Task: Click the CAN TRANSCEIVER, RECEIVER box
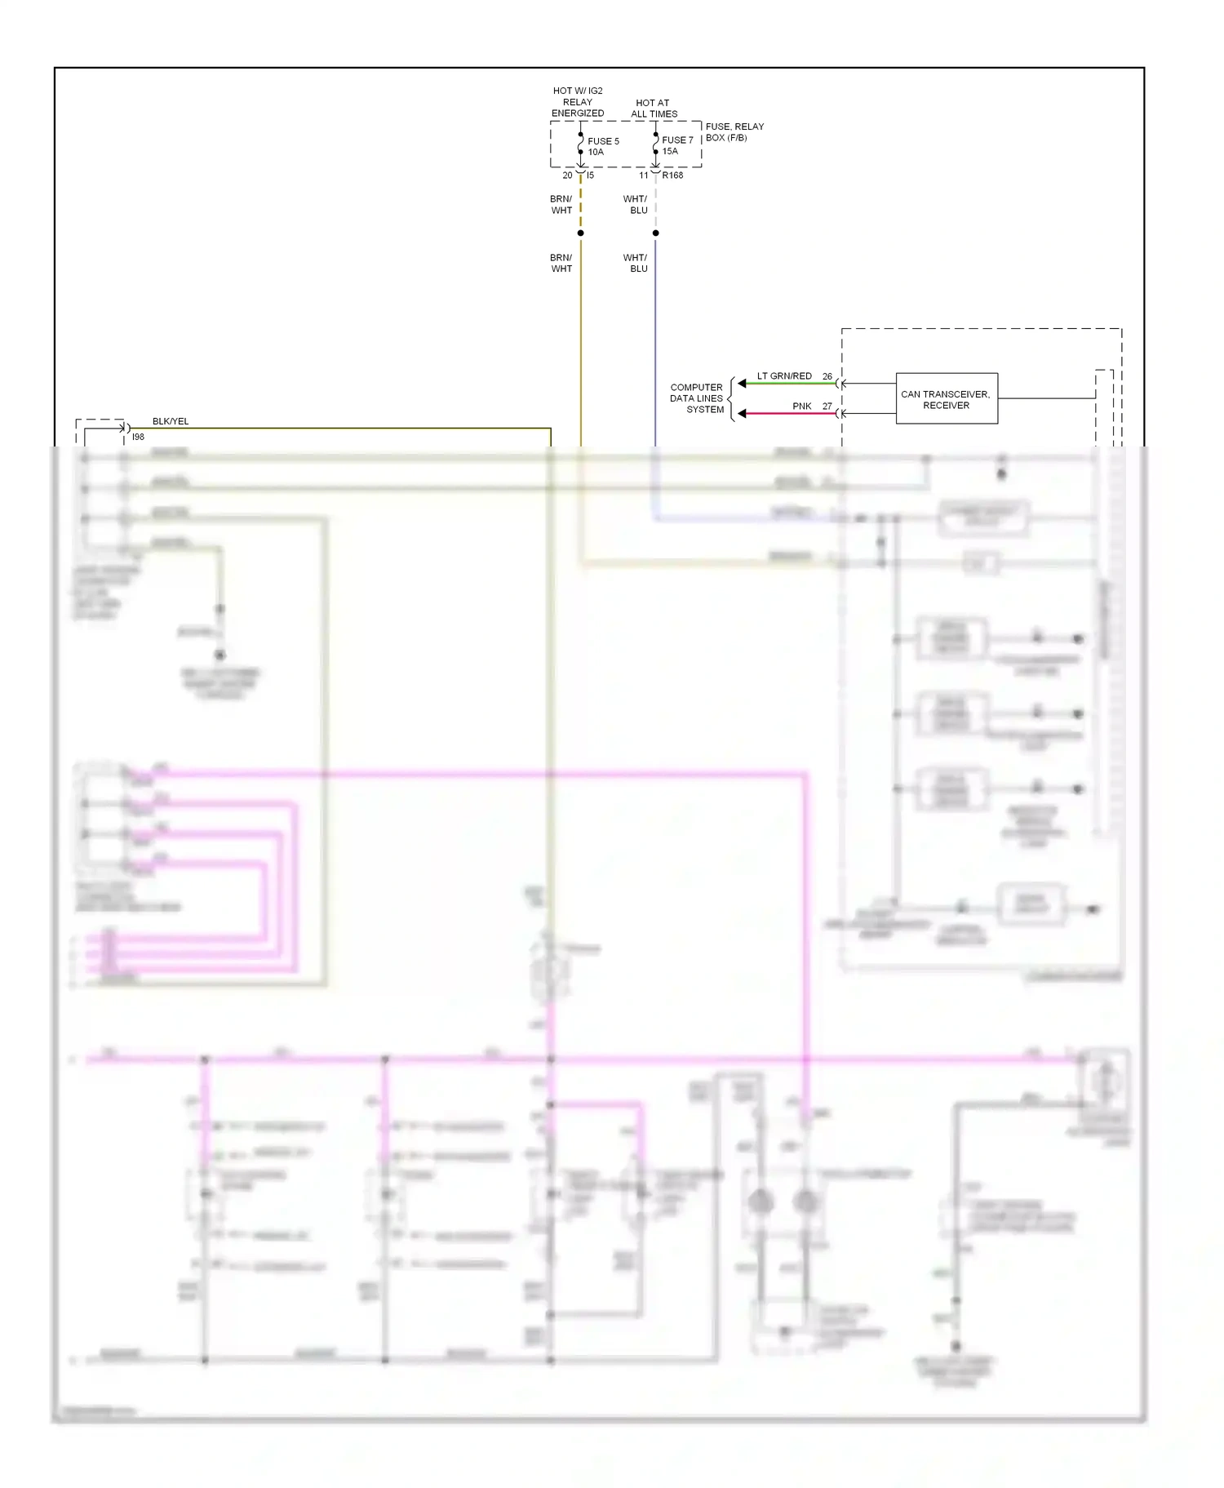[946, 399]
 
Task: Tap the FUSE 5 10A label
[602, 146]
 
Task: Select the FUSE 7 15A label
[676, 145]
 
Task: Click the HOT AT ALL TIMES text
[654, 109]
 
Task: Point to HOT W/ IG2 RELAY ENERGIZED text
[578, 102]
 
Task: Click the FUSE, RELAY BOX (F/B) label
[734, 131]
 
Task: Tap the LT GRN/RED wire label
[783, 376]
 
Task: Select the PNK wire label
[801, 406]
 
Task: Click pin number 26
[827, 376]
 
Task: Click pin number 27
[827, 406]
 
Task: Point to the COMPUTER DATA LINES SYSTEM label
[696, 398]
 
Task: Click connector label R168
[672, 175]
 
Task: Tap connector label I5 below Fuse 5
[590, 175]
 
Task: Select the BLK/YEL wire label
[170, 421]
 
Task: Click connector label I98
[138, 438]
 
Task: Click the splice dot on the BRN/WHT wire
[580, 233]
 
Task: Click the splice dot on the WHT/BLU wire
[655, 233]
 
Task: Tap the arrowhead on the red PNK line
[742, 414]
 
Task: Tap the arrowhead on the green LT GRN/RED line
[742, 384]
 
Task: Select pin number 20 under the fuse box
[567, 175]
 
